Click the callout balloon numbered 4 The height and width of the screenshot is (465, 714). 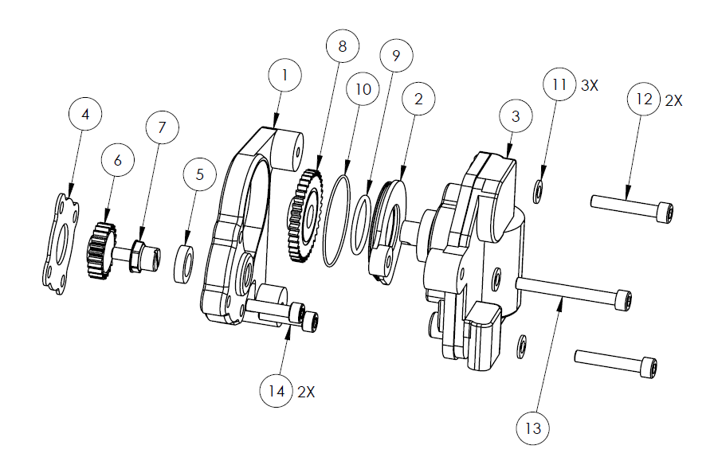85,114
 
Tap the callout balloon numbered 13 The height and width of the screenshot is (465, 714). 533,428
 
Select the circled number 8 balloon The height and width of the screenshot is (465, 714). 343,46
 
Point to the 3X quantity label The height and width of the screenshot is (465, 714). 589,85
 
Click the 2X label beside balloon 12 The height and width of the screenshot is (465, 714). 673,100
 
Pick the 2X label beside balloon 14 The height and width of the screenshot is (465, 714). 306,392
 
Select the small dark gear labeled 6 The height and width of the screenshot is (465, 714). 100,250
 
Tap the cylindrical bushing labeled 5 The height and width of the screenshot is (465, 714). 183,264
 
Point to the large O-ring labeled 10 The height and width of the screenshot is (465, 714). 337,221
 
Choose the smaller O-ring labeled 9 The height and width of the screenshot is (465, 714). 362,225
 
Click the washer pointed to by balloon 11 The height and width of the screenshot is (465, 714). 537,192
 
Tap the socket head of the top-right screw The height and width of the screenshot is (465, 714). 665,213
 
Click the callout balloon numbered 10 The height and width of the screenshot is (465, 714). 363,88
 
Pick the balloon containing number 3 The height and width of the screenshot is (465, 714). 516,116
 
